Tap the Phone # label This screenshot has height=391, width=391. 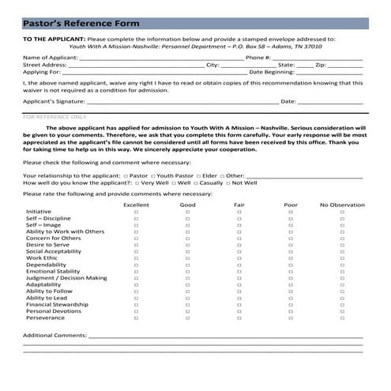click(258, 58)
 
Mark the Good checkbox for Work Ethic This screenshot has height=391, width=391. click(188, 258)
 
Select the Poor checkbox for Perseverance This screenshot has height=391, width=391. click(291, 318)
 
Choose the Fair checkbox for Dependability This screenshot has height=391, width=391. click(239, 265)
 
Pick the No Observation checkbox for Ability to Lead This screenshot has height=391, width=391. click(342, 296)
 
